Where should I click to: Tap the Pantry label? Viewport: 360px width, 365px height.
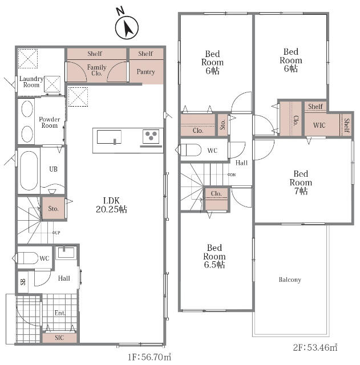[146, 72]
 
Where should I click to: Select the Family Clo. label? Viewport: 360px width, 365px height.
[96, 70]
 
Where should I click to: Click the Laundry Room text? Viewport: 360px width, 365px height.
[31, 82]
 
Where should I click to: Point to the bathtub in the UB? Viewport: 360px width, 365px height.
[29, 171]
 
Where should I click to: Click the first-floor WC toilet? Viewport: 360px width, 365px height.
[25, 258]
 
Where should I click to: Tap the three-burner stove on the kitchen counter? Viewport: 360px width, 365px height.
[151, 136]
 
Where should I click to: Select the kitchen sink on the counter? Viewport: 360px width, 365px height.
[109, 137]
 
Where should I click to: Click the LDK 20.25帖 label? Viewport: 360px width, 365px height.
[112, 205]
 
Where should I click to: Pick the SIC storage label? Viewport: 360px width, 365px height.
[59, 338]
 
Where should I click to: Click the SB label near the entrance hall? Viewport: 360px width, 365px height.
[23, 282]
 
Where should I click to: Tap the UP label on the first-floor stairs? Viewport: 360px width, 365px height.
[56, 233]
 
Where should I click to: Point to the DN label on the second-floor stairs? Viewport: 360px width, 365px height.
[232, 175]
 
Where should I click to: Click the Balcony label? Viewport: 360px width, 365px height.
[290, 279]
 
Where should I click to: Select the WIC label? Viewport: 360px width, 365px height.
[319, 125]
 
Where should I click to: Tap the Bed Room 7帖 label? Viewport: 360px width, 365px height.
[301, 182]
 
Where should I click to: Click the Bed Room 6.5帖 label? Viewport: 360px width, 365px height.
[214, 256]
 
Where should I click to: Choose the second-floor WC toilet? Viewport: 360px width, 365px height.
[188, 150]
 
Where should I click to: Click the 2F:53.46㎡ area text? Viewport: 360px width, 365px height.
[315, 347]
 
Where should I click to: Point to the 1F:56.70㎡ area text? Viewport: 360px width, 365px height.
[149, 357]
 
